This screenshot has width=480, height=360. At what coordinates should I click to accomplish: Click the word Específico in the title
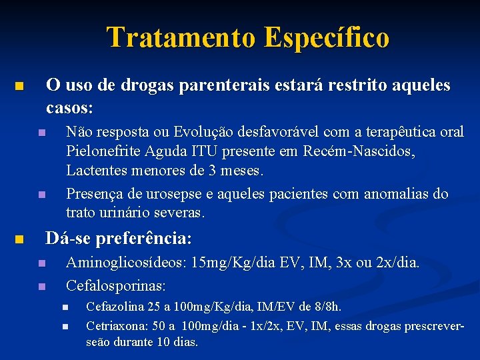pos(326,37)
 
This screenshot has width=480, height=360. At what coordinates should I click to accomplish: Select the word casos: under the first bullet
pos(69,107)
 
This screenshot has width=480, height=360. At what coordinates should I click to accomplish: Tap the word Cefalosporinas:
pos(116,285)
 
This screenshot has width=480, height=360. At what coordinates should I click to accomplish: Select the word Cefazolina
pos(115,307)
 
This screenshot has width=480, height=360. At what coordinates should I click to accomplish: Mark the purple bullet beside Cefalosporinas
pos(41,286)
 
